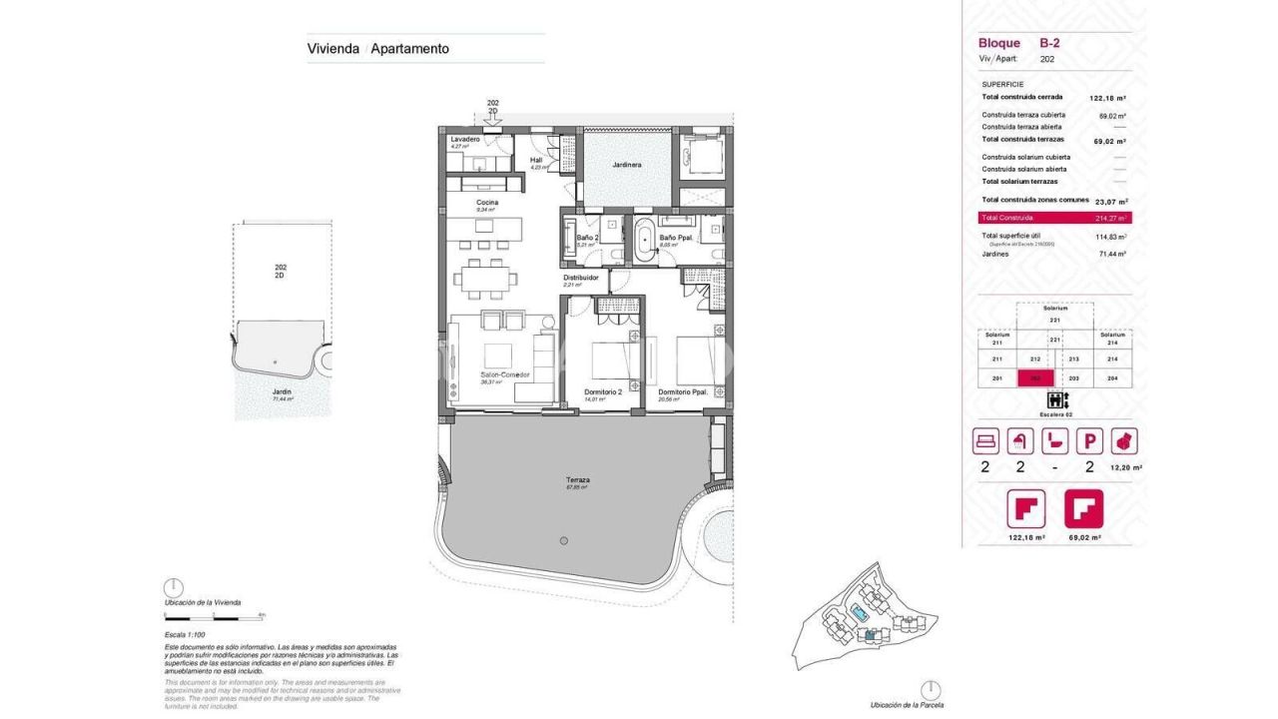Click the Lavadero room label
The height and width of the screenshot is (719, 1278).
(x=465, y=139)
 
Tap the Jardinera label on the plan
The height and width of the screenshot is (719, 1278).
(x=626, y=164)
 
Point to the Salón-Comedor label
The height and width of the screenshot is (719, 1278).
(x=504, y=374)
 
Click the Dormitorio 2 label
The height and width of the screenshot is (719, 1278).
(x=603, y=392)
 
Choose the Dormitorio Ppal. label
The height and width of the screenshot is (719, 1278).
(x=683, y=392)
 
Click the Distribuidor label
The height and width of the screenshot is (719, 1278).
(x=580, y=278)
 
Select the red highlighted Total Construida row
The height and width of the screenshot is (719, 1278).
(x=1054, y=218)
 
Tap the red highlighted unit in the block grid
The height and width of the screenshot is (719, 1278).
(x=1034, y=378)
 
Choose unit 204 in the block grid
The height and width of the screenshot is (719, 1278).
(x=1112, y=378)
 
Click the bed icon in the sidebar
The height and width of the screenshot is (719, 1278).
(x=985, y=440)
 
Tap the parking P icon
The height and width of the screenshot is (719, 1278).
(x=1089, y=440)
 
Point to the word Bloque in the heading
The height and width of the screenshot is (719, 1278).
(x=998, y=43)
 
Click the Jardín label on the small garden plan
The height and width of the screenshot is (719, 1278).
(x=282, y=391)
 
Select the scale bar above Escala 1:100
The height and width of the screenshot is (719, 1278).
(x=215, y=617)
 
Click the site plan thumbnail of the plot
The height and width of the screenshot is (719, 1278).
(x=867, y=620)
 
